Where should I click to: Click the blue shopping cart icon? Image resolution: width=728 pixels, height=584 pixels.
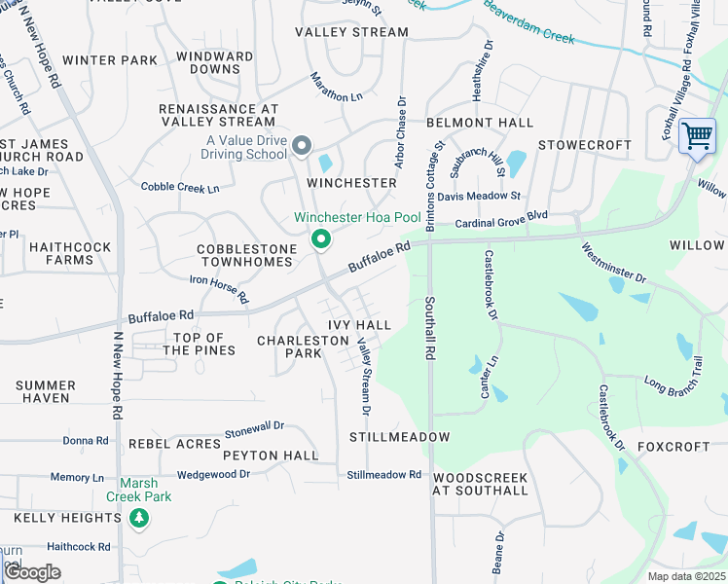(x=697, y=137)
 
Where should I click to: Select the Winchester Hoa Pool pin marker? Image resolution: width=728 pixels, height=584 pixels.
(x=319, y=238)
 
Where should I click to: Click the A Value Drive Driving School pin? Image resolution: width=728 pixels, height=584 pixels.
(x=301, y=147)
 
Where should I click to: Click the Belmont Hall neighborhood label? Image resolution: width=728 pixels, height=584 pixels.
(x=480, y=123)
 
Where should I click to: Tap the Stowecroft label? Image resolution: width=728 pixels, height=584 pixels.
(x=585, y=145)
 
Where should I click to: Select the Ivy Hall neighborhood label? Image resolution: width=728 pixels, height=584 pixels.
(x=359, y=325)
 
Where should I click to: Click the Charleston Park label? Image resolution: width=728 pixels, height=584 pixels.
(x=303, y=347)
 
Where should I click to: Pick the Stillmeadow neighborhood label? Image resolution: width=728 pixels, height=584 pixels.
(x=400, y=437)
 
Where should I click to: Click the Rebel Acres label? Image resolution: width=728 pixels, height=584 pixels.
(x=175, y=444)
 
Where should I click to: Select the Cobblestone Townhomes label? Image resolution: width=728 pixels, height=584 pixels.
(x=246, y=256)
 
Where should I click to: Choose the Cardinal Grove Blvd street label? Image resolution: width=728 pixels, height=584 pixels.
(x=501, y=219)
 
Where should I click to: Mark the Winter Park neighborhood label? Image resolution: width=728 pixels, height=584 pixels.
(x=110, y=60)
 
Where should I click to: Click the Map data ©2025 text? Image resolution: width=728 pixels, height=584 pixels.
(x=686, y=576)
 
